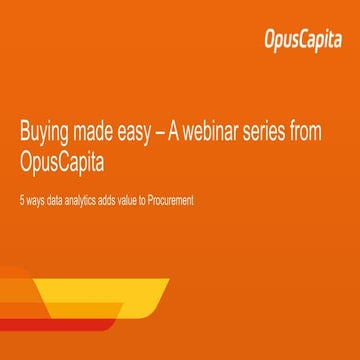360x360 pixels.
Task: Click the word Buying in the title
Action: pos(46,136)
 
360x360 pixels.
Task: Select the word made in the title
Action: pos(101,136)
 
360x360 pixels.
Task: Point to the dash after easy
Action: pos(177,136)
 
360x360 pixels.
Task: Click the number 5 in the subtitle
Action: pos(22,201)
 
